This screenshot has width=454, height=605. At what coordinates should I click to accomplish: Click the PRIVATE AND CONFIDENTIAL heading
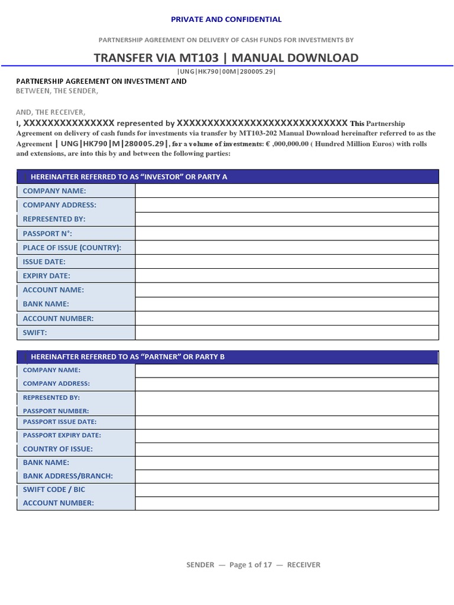click(226, 19)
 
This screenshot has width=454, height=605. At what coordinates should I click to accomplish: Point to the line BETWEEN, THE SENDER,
click(57, 91)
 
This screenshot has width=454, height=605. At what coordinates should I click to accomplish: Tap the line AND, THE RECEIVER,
click(50, 112)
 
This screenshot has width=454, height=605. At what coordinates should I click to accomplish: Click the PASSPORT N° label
click(47, 233)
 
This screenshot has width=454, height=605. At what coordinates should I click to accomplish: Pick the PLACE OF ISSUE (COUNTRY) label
click(72, 248)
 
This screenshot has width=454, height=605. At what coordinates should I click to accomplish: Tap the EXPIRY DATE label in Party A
click(46, 276)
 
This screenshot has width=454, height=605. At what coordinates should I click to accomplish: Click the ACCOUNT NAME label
click(53, 290)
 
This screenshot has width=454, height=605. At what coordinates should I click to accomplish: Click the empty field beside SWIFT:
click(287, 333)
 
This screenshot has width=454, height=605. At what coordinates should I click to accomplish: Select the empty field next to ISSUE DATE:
click(287, 262)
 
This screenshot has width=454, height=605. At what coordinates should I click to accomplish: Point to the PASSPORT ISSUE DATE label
click(59, 422)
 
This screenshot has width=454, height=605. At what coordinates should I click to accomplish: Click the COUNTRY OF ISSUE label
click(57, 449)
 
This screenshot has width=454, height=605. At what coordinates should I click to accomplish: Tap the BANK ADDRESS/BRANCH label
click(67, 476)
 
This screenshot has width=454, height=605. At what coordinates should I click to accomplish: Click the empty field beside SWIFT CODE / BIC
click(287, 489)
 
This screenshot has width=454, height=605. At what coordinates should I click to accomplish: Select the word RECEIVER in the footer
click(303, 565)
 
